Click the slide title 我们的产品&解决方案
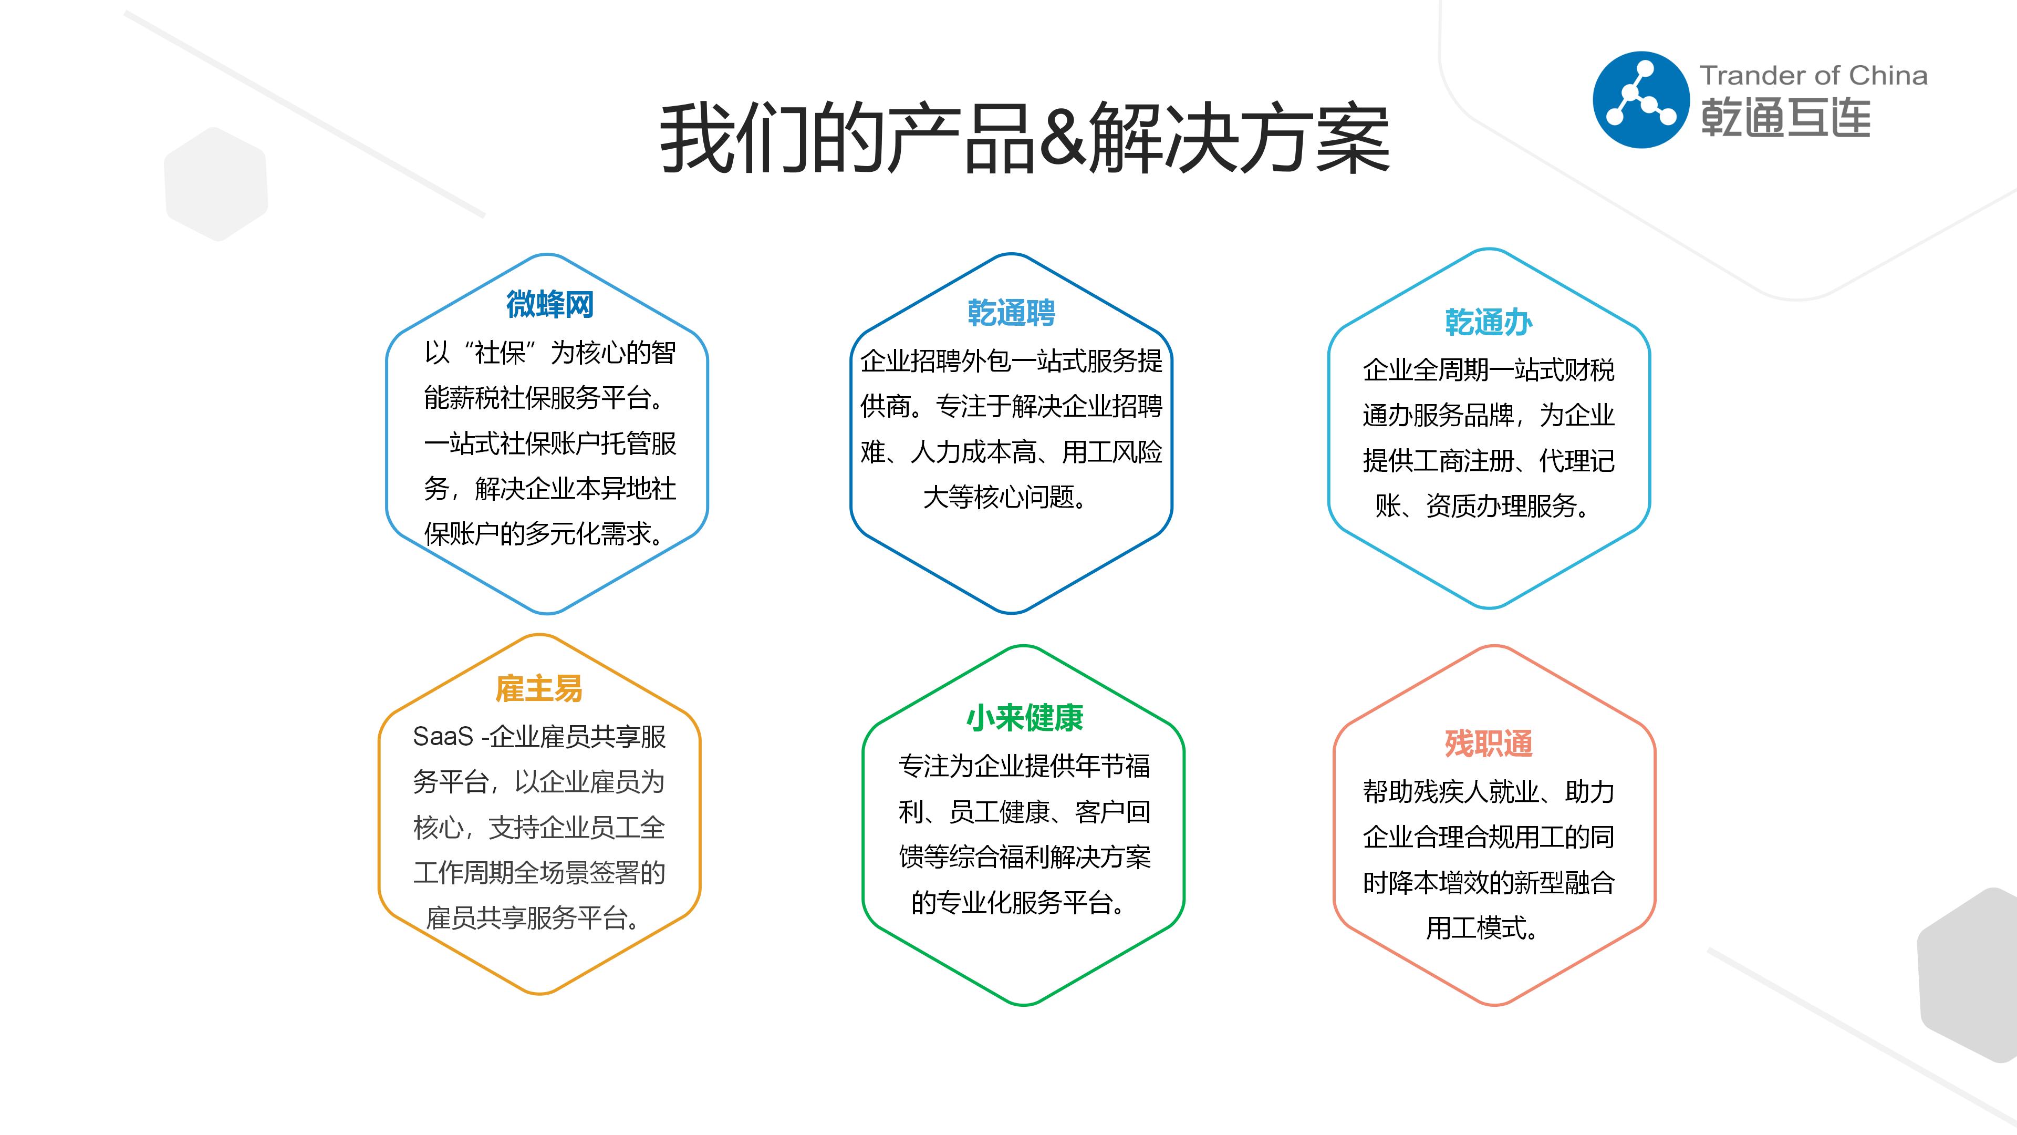(x=1024, y=138)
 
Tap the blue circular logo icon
(x=1641, y=99)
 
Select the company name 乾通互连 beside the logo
(x=1785, y=118)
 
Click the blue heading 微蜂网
(x=549, y=304)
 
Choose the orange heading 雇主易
(x=539, y=688)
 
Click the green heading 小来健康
(x=1024, y=717)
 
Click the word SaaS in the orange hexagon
(x=443, y=736)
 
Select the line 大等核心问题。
(x=1005, y=497)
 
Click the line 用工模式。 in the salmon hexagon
(x=1481, y=927)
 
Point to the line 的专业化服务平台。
(x=1018, y=902)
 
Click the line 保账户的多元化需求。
(x=545, y=533)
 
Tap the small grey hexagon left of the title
(x=216, y=184)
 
